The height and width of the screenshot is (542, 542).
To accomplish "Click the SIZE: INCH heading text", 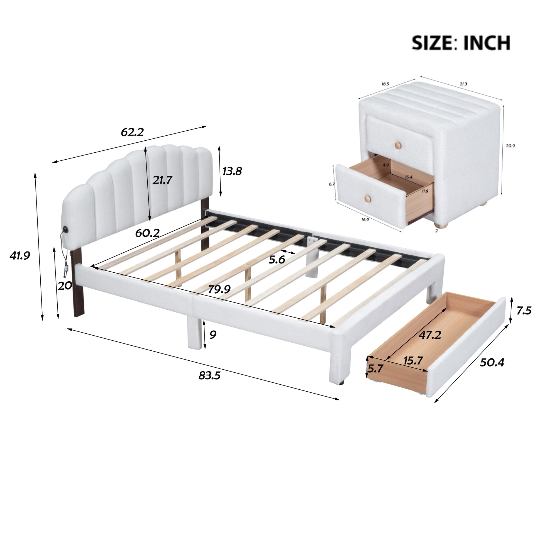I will [x=461, y=43].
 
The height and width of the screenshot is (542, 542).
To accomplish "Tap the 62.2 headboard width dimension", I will [x=132, y=132].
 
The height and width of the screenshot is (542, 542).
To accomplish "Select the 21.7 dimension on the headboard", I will [x=162, y=180].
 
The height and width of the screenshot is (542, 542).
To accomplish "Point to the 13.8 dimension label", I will [x=232, y=171].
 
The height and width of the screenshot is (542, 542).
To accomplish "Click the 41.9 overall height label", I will [x=20, y=256].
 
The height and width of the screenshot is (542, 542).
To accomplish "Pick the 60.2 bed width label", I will [x=147, y=233].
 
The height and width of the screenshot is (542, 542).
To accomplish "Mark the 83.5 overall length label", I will [x=209, y=375].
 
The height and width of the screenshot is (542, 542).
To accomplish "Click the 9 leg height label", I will [x=213, y=335].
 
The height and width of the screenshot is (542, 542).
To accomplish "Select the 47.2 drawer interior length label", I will [x=430, y=335].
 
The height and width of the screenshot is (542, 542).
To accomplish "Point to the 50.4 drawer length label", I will [x=492, y=363].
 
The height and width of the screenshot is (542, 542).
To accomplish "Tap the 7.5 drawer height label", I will [x=524, y=311].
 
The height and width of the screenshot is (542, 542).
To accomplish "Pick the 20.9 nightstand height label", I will [x=510, y=146].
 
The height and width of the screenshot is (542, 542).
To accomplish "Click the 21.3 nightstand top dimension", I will [x=463, y=84].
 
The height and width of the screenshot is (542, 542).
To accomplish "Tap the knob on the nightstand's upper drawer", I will [x=398, y=145].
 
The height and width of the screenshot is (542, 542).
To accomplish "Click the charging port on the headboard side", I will [x=66, y=230].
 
